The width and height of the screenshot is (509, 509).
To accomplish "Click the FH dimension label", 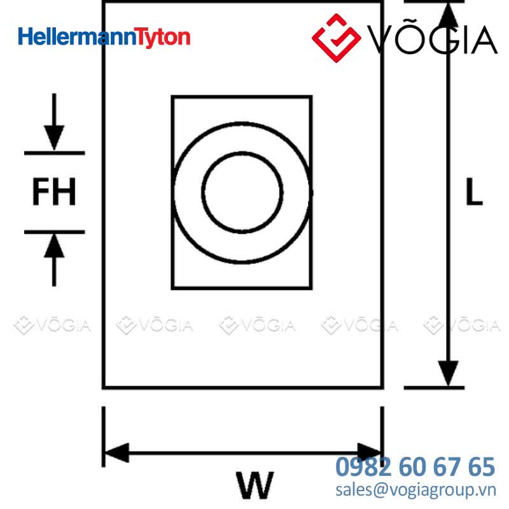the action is pos(54,192).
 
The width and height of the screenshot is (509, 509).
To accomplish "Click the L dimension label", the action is pos(474,192).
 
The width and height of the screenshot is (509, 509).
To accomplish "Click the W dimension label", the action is pos(255,485).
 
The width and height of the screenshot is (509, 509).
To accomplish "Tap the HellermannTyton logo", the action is pos(104,37).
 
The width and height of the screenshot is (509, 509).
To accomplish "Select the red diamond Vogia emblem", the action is pos(337,38).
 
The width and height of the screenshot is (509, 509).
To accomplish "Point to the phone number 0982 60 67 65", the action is pos(415,466).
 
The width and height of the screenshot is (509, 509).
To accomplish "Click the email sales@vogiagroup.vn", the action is pos(416,490).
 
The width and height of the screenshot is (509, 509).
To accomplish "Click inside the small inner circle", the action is pos(242,192).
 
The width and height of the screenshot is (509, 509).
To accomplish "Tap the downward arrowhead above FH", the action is pos(54,137).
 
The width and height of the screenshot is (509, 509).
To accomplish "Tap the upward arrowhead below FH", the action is pos(54,246).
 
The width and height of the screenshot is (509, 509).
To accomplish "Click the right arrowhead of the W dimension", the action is pos(370,452).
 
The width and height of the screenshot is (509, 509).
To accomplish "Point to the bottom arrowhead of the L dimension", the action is pos(449,373).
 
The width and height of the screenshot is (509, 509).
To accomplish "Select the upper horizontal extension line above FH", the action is pos(55,153).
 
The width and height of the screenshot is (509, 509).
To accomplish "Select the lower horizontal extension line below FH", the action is pos(55,232).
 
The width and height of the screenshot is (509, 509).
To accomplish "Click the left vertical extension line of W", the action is pos(104,436).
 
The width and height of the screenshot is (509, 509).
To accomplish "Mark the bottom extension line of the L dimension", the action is pos(434,387).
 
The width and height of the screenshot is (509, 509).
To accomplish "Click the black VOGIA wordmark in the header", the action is pos(433,38).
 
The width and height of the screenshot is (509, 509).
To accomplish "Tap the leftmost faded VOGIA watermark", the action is pos(52,325).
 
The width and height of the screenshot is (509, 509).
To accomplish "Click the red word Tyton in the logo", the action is pos(162,38).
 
